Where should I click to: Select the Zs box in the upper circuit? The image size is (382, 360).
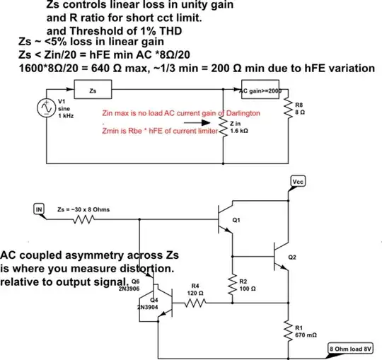click(93, 91)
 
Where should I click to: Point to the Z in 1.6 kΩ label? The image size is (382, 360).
click(240, 128)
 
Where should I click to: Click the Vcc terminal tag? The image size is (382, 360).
click(298, 182)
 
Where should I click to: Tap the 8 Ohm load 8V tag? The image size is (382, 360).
click(354, 349)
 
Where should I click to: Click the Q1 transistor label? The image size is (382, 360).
click(236, 220)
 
